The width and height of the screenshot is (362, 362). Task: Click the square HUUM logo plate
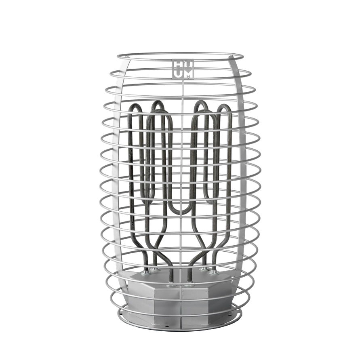click(183, 69)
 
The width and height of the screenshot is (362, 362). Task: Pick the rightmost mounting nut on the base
click(213, 273)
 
